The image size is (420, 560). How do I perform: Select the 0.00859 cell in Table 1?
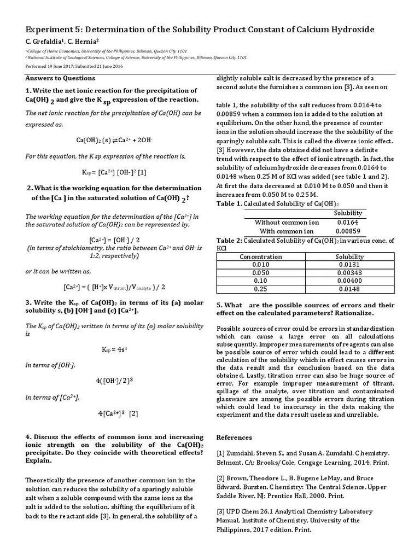pos(348,231)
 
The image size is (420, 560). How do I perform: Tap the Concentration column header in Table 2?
pos(261,256)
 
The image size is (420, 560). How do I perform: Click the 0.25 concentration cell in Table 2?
pos(261,289)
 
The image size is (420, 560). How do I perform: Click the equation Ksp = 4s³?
pos(114,349)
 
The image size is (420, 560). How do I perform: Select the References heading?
pos(234,437)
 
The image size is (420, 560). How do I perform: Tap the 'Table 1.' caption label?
pos(229,203)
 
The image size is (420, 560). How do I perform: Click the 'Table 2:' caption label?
pos(229,240)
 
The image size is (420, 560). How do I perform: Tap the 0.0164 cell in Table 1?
pos(348,222)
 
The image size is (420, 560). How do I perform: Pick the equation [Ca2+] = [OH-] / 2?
pos(114,240)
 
